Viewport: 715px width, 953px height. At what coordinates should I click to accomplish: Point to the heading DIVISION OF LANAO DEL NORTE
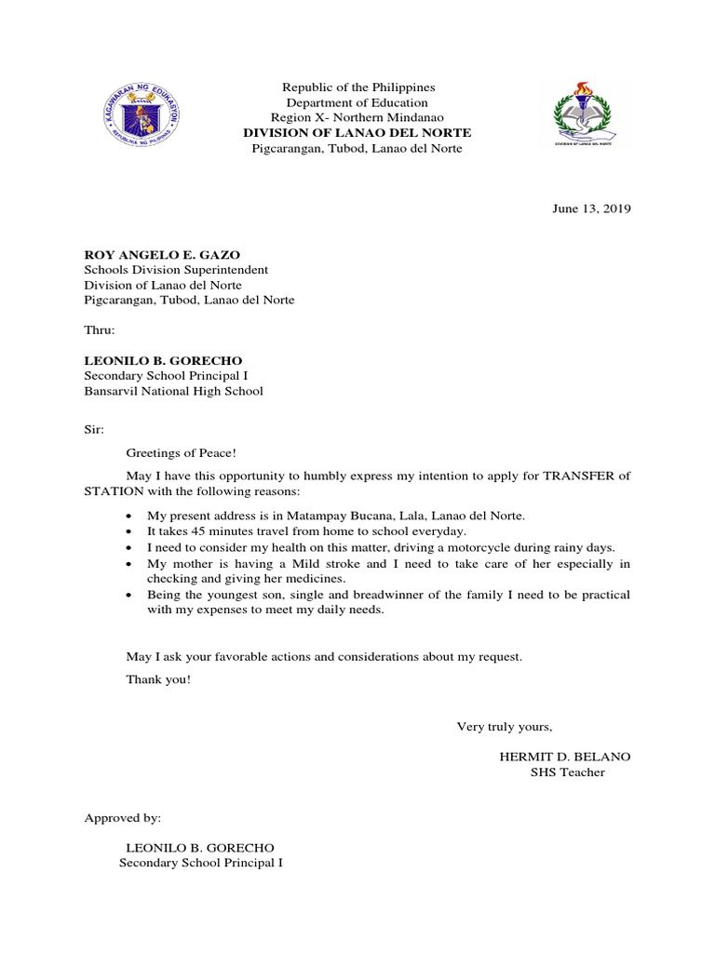click(357, 132)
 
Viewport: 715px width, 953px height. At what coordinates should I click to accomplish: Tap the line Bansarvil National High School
click(173, 391)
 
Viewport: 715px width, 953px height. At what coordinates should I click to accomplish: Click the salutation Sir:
click(94, 430)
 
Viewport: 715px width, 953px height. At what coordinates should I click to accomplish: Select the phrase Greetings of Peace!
click(182, 452)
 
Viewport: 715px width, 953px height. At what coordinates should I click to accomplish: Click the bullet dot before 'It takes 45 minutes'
click(128, 531)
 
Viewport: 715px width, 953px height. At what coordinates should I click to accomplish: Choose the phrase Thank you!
click(158, 679)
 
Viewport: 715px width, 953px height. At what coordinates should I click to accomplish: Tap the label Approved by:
click(123, 818)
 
